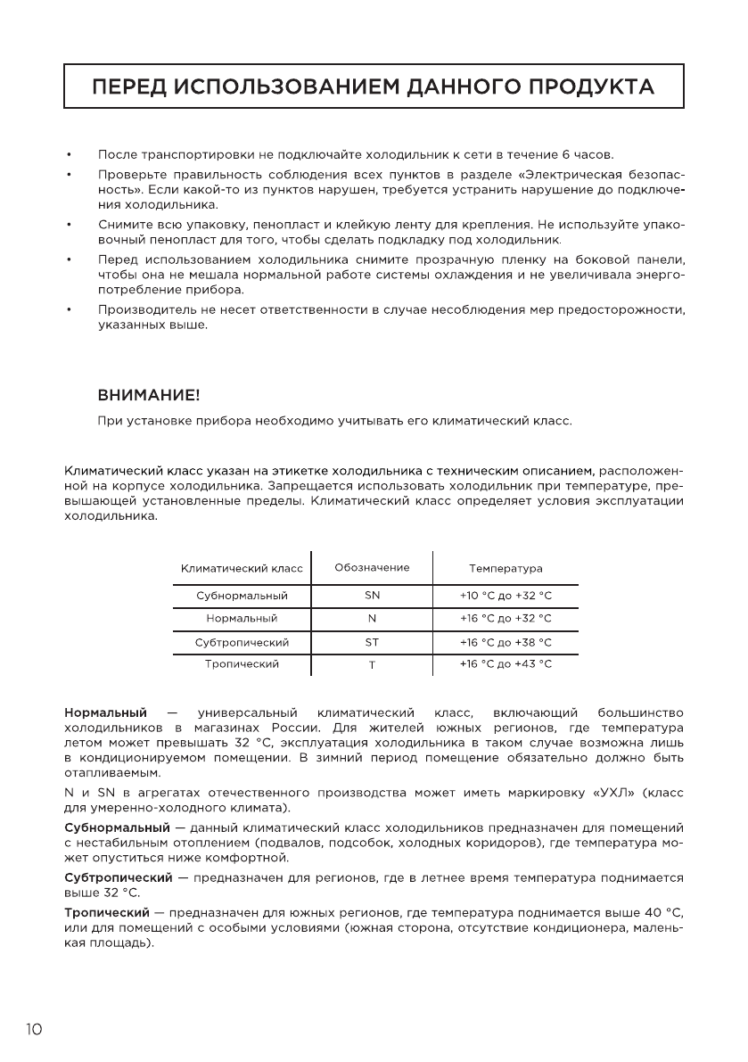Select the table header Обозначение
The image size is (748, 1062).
click(372, 568)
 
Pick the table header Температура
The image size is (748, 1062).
click(506, 569)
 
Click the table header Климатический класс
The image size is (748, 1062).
click(242, 569)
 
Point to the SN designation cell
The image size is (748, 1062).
click(372, 595)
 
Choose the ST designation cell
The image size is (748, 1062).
click(372, 642)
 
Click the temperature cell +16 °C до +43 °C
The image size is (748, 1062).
click(506, 664)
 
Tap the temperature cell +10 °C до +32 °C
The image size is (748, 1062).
click(506, 595)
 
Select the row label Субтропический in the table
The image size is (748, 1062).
click(242, 642)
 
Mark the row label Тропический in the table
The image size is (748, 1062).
click(242, 664)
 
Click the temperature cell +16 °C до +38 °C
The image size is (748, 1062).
click(506, 642)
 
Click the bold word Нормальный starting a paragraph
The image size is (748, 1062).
click(105, 712)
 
